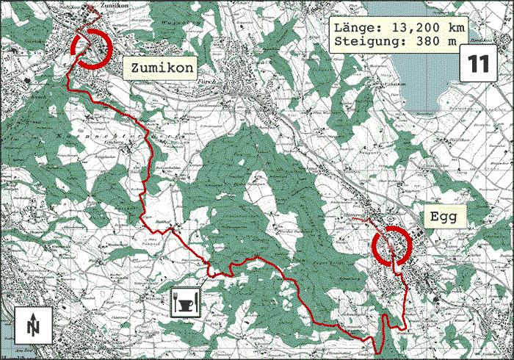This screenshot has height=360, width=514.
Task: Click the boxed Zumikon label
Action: (162, 68)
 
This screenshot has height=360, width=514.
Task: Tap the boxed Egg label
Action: (444, 217)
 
